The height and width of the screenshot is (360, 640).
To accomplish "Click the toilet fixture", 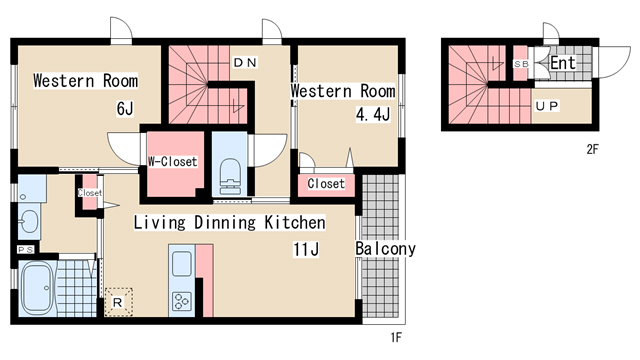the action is (229, 176).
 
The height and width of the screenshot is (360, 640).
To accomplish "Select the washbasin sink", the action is (29, 221).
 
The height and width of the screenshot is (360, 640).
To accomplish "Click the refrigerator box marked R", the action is (118, 302).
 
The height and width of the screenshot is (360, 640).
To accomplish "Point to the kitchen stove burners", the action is (182, 302).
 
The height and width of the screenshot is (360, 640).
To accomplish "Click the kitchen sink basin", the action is (182, 264).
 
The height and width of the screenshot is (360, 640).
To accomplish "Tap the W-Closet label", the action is (173, 162).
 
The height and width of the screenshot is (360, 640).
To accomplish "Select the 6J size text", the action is (125, 109).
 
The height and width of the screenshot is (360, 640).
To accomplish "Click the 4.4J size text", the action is (373, 115).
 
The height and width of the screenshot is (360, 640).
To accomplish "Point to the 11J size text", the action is (306, 249).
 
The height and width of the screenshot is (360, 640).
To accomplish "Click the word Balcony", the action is (385, 249).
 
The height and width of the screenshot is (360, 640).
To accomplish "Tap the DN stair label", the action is (245, 62).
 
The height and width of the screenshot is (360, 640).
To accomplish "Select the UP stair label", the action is (547, 107).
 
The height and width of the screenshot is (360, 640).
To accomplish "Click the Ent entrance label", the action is (563, 63).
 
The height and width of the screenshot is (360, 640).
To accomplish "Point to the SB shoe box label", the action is (521, 64).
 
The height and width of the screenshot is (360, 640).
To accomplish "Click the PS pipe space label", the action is (25, 250).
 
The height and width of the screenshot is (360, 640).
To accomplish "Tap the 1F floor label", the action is (396, 338).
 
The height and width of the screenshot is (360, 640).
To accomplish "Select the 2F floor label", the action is (592, 149).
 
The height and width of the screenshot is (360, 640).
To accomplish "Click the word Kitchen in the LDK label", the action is (295, 222).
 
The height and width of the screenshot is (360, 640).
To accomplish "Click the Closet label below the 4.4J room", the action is (326, 184).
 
